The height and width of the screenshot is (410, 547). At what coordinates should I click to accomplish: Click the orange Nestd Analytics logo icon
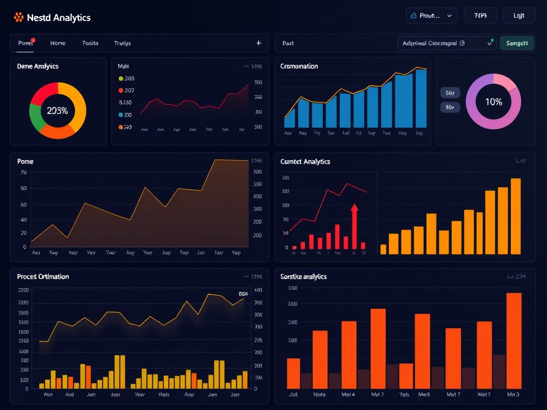click(19, 18)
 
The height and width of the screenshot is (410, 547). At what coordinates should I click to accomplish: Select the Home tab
click(58, 43)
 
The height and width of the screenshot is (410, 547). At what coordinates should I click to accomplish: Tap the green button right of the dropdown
click(517, 43)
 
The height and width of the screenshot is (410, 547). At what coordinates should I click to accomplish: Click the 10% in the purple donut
click(493, 101)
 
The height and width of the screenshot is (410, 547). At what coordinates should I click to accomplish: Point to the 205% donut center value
click(57, 111)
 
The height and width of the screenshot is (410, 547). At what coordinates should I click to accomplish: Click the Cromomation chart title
click(299, 66)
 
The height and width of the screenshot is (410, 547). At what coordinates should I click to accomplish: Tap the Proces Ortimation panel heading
click(43, 277)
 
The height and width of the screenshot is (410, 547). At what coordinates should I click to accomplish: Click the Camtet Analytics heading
click(305, 161)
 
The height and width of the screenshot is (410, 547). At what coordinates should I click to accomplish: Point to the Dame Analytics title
click(37, 66)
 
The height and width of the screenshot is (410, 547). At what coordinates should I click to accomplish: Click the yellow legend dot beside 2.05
click(121, 78)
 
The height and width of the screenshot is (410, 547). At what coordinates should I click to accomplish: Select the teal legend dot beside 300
click(121, 115)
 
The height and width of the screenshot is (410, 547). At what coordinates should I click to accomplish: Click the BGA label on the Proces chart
click(244, 294)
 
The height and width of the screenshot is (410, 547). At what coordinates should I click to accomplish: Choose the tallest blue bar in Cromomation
click(421, 98)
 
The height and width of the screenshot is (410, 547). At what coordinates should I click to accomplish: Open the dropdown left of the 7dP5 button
click(431, 16)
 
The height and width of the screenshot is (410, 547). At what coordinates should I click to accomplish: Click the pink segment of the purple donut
click(505, 82)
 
